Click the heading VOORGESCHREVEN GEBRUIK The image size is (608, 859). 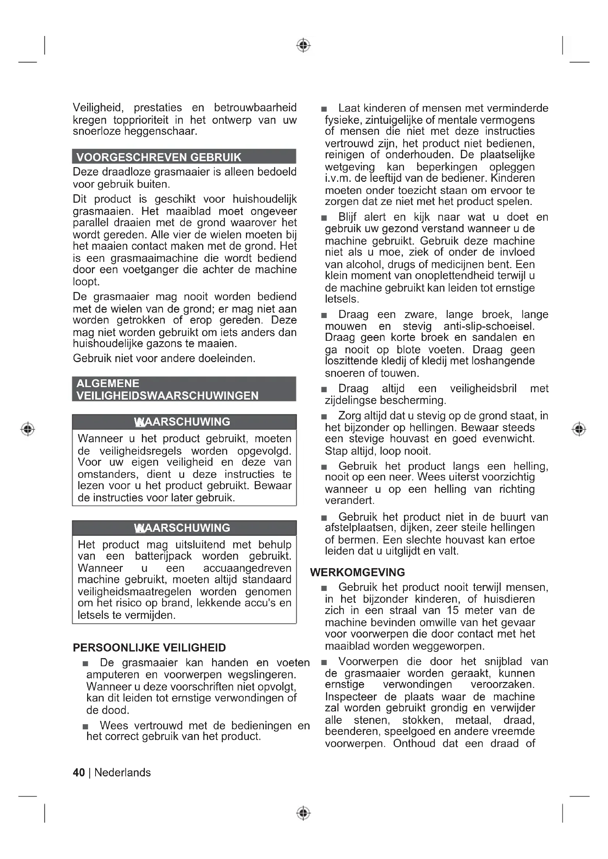pyautogui.click(x=159, y=157)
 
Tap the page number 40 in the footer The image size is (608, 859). pyautogui.click(x=79, y=773)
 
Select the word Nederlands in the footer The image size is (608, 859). pyautogui.click(x=122, y=773)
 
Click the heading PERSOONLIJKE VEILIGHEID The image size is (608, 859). pyautogui.click(x=149, y=647)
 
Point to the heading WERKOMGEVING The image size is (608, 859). pyautogui.click(x=358, y=572)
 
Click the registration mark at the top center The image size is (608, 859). pyautogui.click(x=304, y=45)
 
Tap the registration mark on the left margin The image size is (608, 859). pyautogui.click(x=28, y=429)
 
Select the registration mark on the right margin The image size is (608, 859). pyautogui.click(x=579, y=429)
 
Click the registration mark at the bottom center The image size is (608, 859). pyautogui.click(x=304, y=813)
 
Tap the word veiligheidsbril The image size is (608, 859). pyautogui.click(x=483, y=388)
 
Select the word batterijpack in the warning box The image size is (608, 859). pyautogui.click(x=163, y=556)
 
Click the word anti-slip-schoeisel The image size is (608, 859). pyautogui.click(x=489, y=326)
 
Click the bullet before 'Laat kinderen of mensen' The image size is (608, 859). pyautogui.click(x=324, y=109)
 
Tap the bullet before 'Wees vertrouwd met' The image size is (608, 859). pyautogui.click(x=86, y=726)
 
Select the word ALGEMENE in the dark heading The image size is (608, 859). pyautogui.click(x=108, y=383)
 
